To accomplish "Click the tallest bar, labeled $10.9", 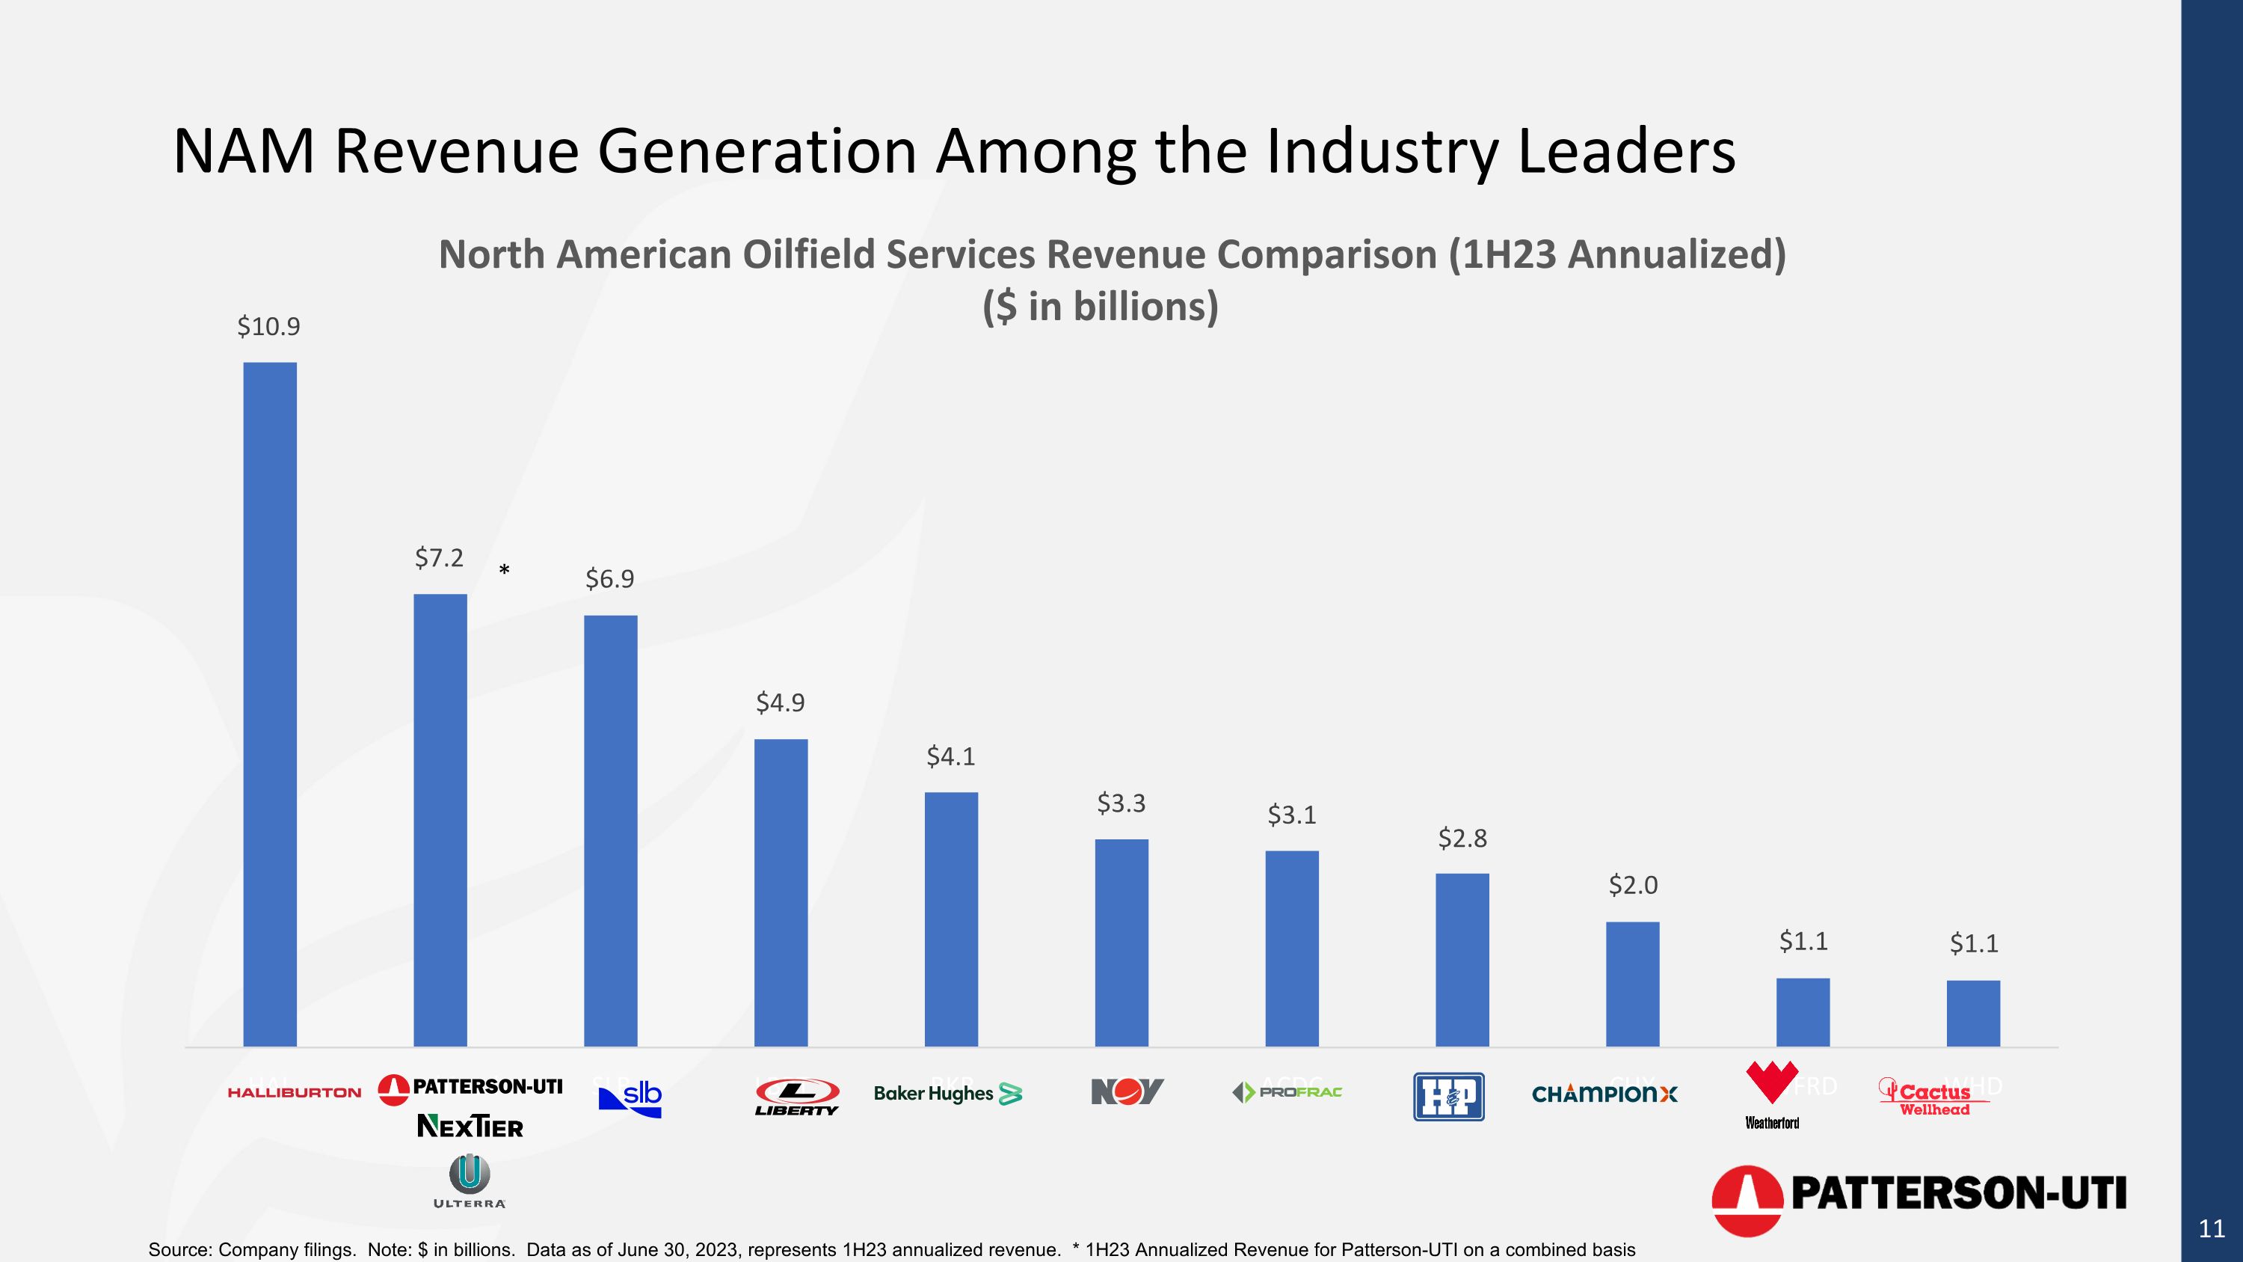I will point(270,704).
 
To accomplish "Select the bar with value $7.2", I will point(440,820).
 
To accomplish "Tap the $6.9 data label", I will point(609,579).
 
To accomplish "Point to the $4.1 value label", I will point(951,757).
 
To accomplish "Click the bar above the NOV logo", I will point(1121,943).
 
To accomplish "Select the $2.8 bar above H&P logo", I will point(1462,959).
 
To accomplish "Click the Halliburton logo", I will point(295,1092).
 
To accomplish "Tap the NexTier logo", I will point(470,1126).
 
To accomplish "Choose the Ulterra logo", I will point(470,1181).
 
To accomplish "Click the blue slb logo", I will point(630,1098).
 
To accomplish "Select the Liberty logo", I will point(797,1097).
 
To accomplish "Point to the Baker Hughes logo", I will point(947,1094).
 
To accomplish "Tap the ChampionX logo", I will point(1604,1094).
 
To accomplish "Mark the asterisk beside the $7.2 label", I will point(504,572).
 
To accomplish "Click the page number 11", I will point(2212,1229).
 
